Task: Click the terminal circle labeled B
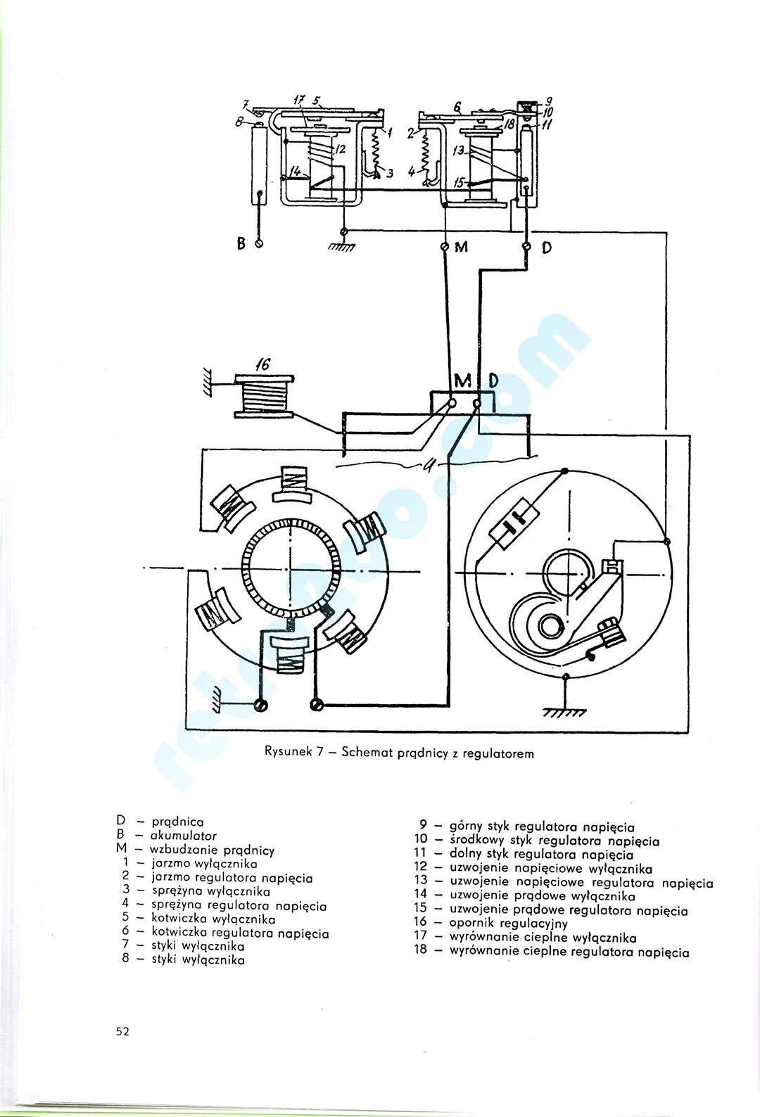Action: [x=259, y=244]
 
